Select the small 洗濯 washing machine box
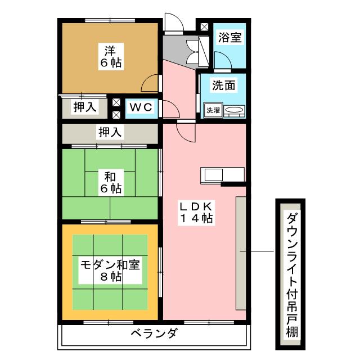click(x=212, y=110)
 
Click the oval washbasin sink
click(x=235, y=110)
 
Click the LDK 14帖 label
click(x=195, y=213)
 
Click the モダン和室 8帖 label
click(x=110, y=270)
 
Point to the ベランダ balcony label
click(x=154, y=334)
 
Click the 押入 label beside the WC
click(x=85, y=107)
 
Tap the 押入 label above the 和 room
click(x=110, y=133)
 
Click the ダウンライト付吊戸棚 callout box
click(x=290, y=274)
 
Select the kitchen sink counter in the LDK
click(x=222, y=174)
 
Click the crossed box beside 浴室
click(x=203, y=26)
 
